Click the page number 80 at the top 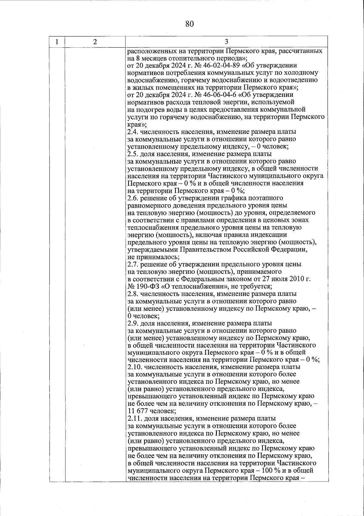[x=189, y=24]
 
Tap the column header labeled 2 [x=95, y=42]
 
